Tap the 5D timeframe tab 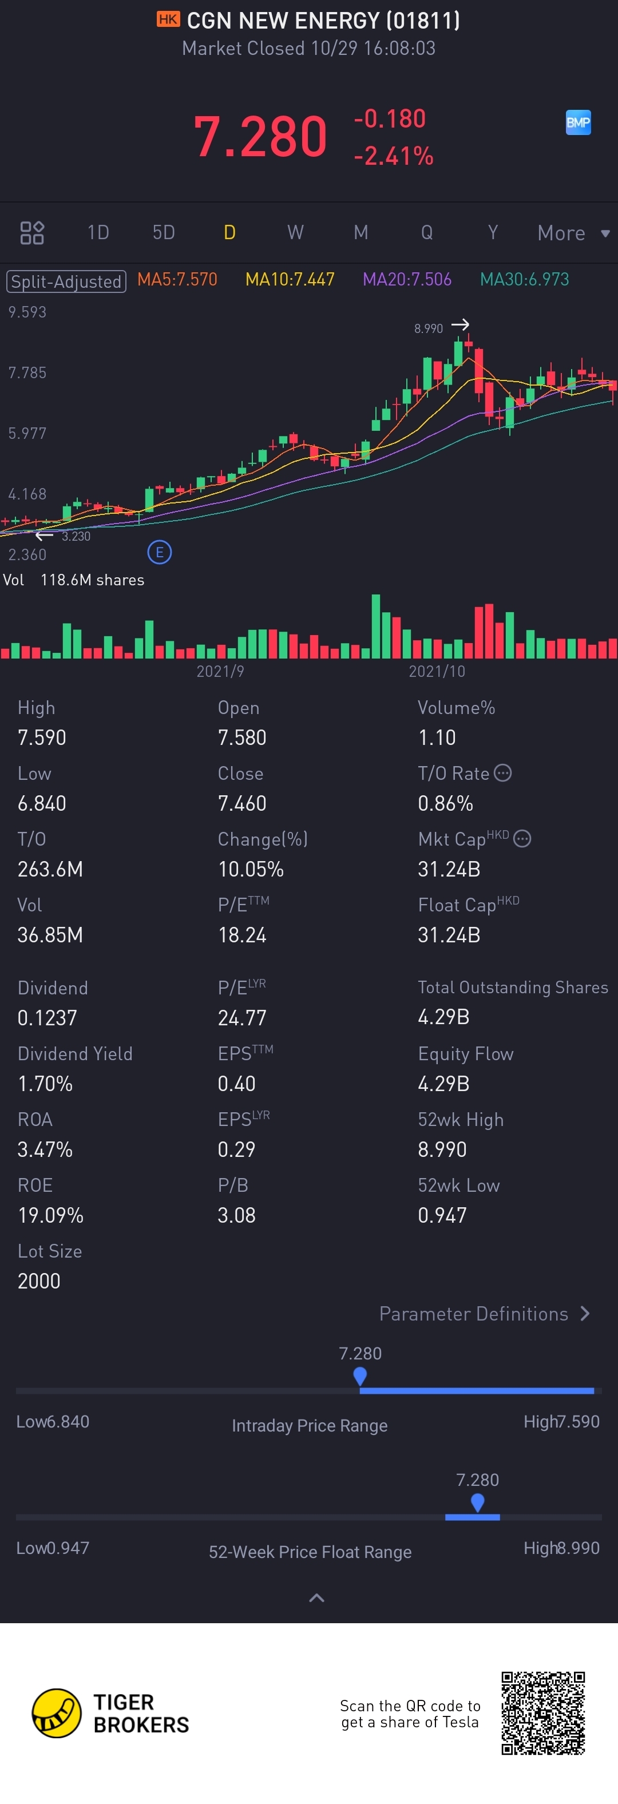[163, 232]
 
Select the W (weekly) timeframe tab [295, 232]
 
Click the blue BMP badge [578, 122]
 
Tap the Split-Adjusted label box [66, 281]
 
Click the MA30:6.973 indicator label [524, 279]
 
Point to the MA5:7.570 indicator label [177, 279]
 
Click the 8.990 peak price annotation [428, 328]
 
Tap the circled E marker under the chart [160, 553]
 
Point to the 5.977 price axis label [27, 434]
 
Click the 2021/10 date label [437, 672]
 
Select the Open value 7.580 [241, 738]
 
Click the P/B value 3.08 [236, 1215]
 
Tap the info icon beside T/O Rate [502, 772]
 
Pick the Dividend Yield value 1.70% [45, 1084]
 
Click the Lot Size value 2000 [38, 1281]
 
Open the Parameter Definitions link [484, 1314]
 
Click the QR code [543, 1713]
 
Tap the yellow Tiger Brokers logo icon [57, 1713]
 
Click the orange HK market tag [168, 19]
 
